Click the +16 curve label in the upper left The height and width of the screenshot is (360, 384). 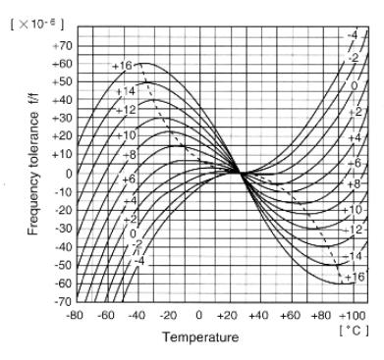(123, 66)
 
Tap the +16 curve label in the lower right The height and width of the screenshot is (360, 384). (354, 278)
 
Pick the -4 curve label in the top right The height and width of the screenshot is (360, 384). (353, 36)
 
